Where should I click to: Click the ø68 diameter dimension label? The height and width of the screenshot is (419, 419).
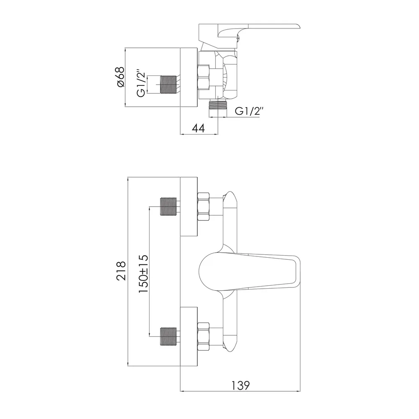[121, 77]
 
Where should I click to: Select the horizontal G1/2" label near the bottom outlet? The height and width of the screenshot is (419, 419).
[249, 111]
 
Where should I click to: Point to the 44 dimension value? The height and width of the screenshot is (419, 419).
[199, 128]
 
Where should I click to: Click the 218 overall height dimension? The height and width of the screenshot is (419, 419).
[121, 271]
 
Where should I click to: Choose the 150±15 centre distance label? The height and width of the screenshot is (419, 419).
[143, 274]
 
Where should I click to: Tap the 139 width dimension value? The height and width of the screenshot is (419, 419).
[241, 385]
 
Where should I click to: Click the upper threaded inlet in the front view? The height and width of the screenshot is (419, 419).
[168, 207]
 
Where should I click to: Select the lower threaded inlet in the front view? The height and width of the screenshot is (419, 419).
[168, 336]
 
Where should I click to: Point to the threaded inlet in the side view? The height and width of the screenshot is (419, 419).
[168, 85]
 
